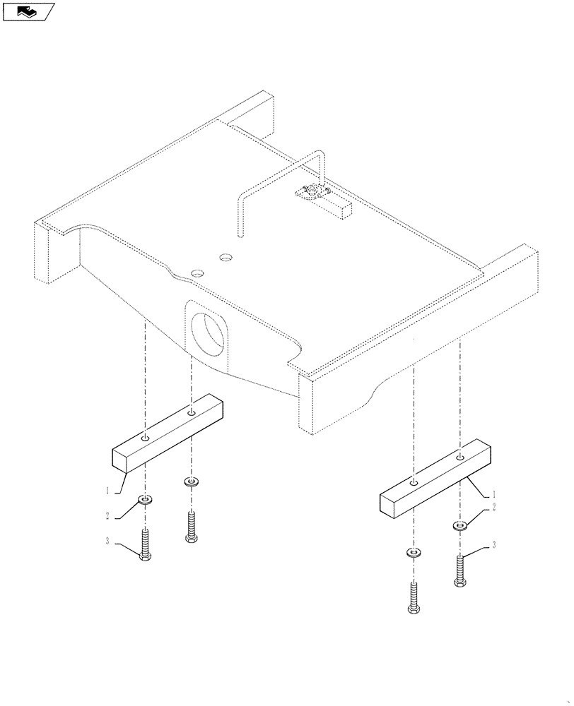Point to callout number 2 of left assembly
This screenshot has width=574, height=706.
point(108,516)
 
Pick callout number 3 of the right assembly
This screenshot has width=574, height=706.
point(493,544)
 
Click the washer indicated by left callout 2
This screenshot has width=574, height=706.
point(146,501)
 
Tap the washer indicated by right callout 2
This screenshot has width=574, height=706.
point(460,525)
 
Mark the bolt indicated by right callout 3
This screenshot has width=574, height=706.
point(460,570)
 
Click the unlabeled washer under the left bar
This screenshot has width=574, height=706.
point(190,482)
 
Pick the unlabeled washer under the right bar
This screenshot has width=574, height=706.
point(414,552)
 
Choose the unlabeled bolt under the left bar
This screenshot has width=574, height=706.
point(190,526)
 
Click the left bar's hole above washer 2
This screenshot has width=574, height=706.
point(145,439)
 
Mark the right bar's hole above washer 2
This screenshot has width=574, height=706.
point(460,458)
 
